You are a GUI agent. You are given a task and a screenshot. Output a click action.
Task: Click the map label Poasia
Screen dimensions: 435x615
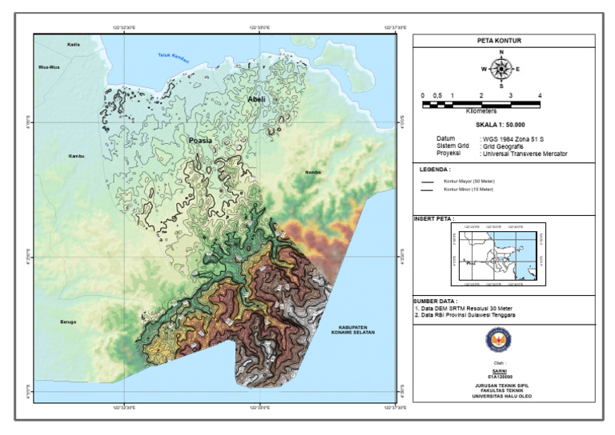pos(200,140)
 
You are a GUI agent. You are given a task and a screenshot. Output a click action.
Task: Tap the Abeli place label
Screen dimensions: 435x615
pos(256,99)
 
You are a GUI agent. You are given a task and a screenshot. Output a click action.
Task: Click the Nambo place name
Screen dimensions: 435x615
pos(312,172)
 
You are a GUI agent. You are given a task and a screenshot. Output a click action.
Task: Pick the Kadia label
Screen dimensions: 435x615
pos(74,44)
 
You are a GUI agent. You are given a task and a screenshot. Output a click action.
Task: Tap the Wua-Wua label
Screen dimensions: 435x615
pos(50,67)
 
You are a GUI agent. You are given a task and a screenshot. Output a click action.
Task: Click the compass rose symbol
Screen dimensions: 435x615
pos(501,69)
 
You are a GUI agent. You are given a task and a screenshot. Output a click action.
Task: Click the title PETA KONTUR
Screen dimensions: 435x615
pos(504,40)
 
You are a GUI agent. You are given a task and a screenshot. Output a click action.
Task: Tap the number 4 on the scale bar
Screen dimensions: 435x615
pos(540,95)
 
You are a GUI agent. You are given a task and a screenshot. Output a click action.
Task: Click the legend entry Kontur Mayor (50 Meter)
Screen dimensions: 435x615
pos(468,182)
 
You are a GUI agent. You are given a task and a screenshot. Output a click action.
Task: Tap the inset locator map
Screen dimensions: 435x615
pos(498,254)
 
